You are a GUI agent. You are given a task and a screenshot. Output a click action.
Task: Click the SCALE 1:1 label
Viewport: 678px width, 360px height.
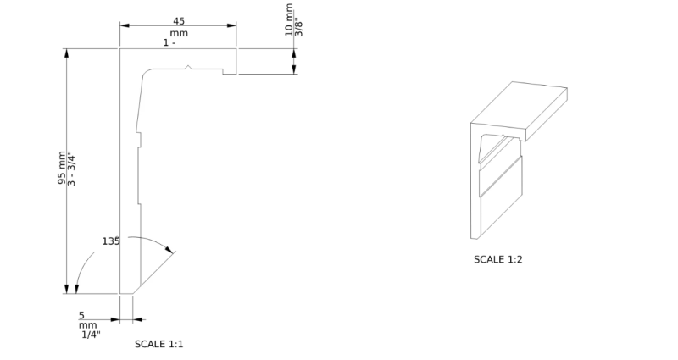point(158,344)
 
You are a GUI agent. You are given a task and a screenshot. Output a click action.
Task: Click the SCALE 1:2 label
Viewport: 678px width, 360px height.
point(497,259)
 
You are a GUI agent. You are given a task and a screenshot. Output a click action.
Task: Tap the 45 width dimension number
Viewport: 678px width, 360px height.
point(179,21)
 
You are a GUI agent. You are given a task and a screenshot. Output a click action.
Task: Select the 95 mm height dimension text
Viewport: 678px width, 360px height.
point(62,168)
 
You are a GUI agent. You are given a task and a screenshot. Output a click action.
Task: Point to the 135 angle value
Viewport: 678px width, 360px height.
point(111,241)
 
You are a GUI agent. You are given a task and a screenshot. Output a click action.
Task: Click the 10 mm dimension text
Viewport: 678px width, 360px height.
point(289,19)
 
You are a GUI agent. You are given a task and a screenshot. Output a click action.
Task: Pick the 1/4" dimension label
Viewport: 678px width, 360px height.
point(91,335)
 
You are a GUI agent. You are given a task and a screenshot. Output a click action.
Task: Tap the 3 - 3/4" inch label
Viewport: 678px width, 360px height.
point(71,169)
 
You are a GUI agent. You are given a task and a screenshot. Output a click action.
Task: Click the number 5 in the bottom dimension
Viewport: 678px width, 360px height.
point(81,316)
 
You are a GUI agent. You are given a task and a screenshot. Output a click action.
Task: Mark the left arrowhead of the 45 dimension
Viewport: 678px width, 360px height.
point(125,25)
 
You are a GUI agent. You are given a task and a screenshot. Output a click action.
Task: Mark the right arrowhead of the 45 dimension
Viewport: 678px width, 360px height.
point(231,25)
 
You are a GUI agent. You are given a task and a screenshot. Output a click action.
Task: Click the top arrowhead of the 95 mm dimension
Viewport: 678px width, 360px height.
point(66,53)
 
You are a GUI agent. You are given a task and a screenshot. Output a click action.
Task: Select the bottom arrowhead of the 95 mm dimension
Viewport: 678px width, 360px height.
point(66,289)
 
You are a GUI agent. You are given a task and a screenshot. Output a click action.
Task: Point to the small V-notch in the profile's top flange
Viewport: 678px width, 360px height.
point(187,67)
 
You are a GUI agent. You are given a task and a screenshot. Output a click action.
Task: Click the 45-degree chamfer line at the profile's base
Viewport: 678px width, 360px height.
point(154,272)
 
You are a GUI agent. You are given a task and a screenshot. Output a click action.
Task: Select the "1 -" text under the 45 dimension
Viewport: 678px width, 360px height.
point(169,43)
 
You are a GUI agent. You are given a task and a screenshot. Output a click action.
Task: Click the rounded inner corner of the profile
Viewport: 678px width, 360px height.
point(146,72)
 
